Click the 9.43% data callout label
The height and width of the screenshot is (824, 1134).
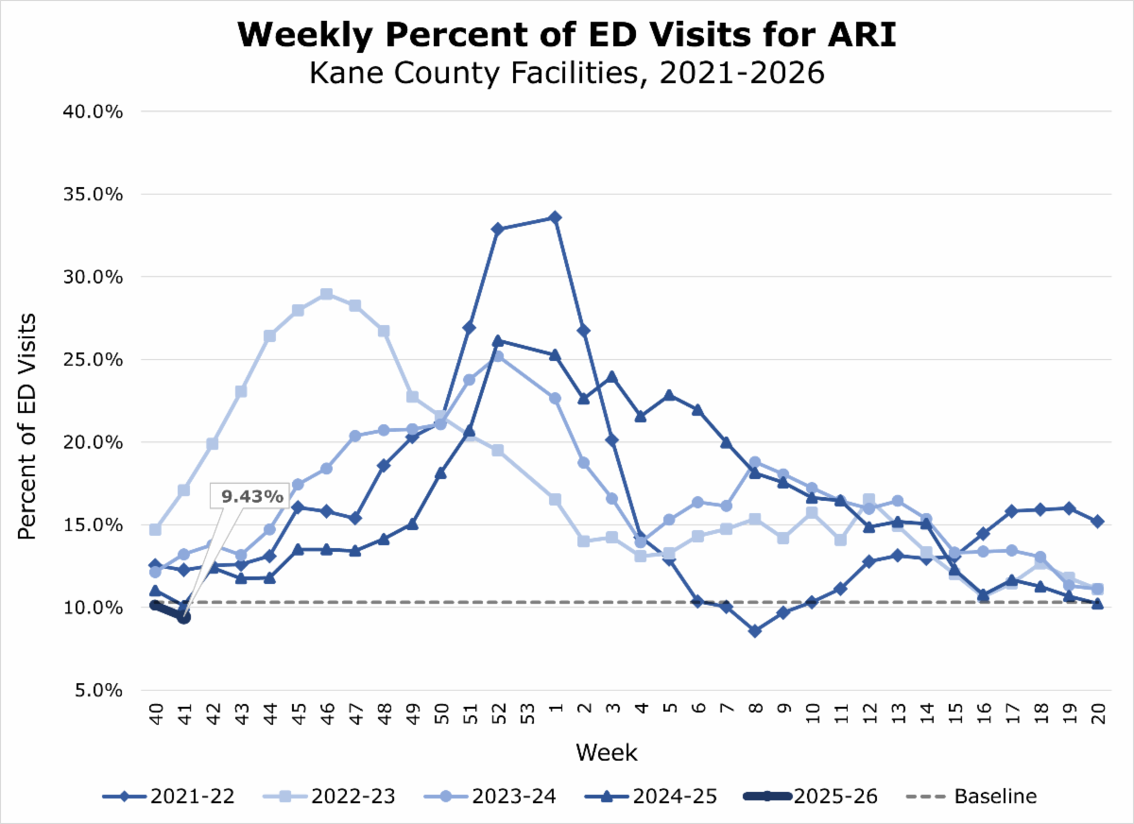pyautogui.click(x=252, y=494)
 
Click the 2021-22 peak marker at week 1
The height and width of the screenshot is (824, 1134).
pyautogui.click(x=555, y=217)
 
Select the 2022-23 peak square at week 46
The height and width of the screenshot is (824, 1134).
pyautogui.click(x=326, y=294)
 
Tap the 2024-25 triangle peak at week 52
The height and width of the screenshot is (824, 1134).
pyautogui.click(x=498, y=340)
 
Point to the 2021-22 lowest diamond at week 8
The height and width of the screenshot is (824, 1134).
pyautogui.click(x=754, y=630)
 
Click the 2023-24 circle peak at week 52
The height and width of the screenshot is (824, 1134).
pyautogui.click(x=498, y=356)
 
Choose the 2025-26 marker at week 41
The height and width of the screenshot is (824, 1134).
pyautogui.click(x=183, y=617)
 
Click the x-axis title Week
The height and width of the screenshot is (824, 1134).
pyautogui.click(x=606, y=753)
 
